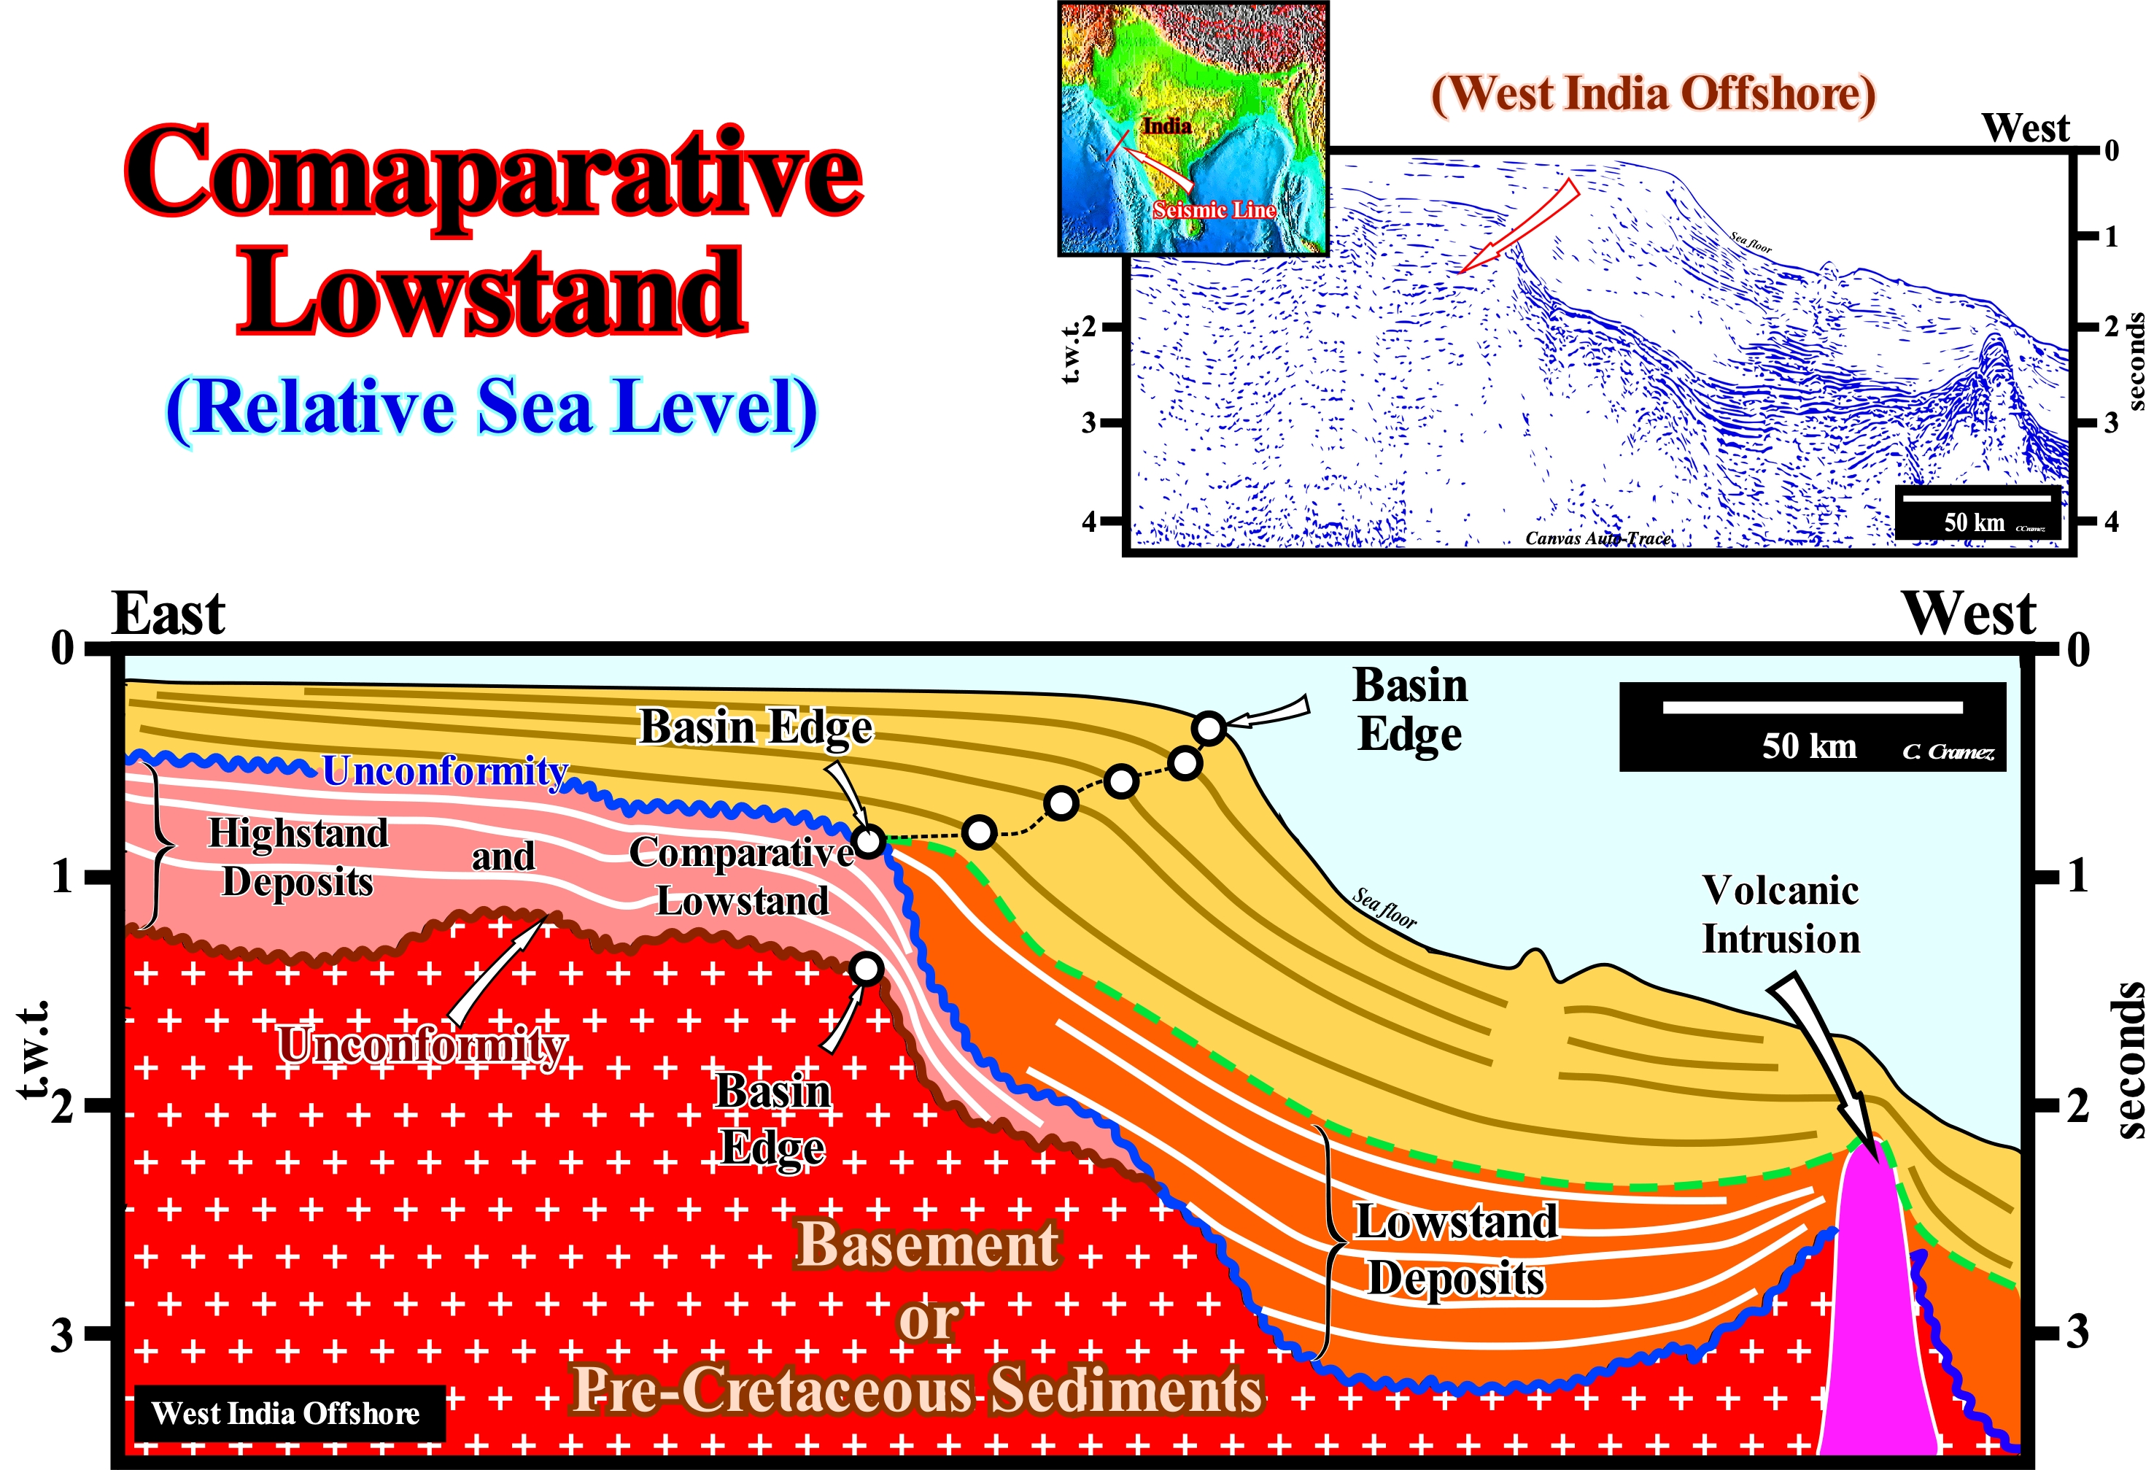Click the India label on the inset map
pyautogui.click(x=1166, y=125)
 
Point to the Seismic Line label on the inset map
pyautogui.click(x=1214, y=210)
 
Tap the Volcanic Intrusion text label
pyautogui.click(x=1781, y=914)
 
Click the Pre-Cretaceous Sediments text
pyautogui.click(x=918, y=1390)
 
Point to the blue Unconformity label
pyautogui.click(x=445, y=770)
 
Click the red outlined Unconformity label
pyautogui.click(x=422, y=1045)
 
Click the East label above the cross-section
pyautogui.click(x=168, y=614)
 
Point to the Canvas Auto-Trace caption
pyautogui.click(x=1599, y=538)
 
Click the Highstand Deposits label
pyautogui.click(x=298, y=857)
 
